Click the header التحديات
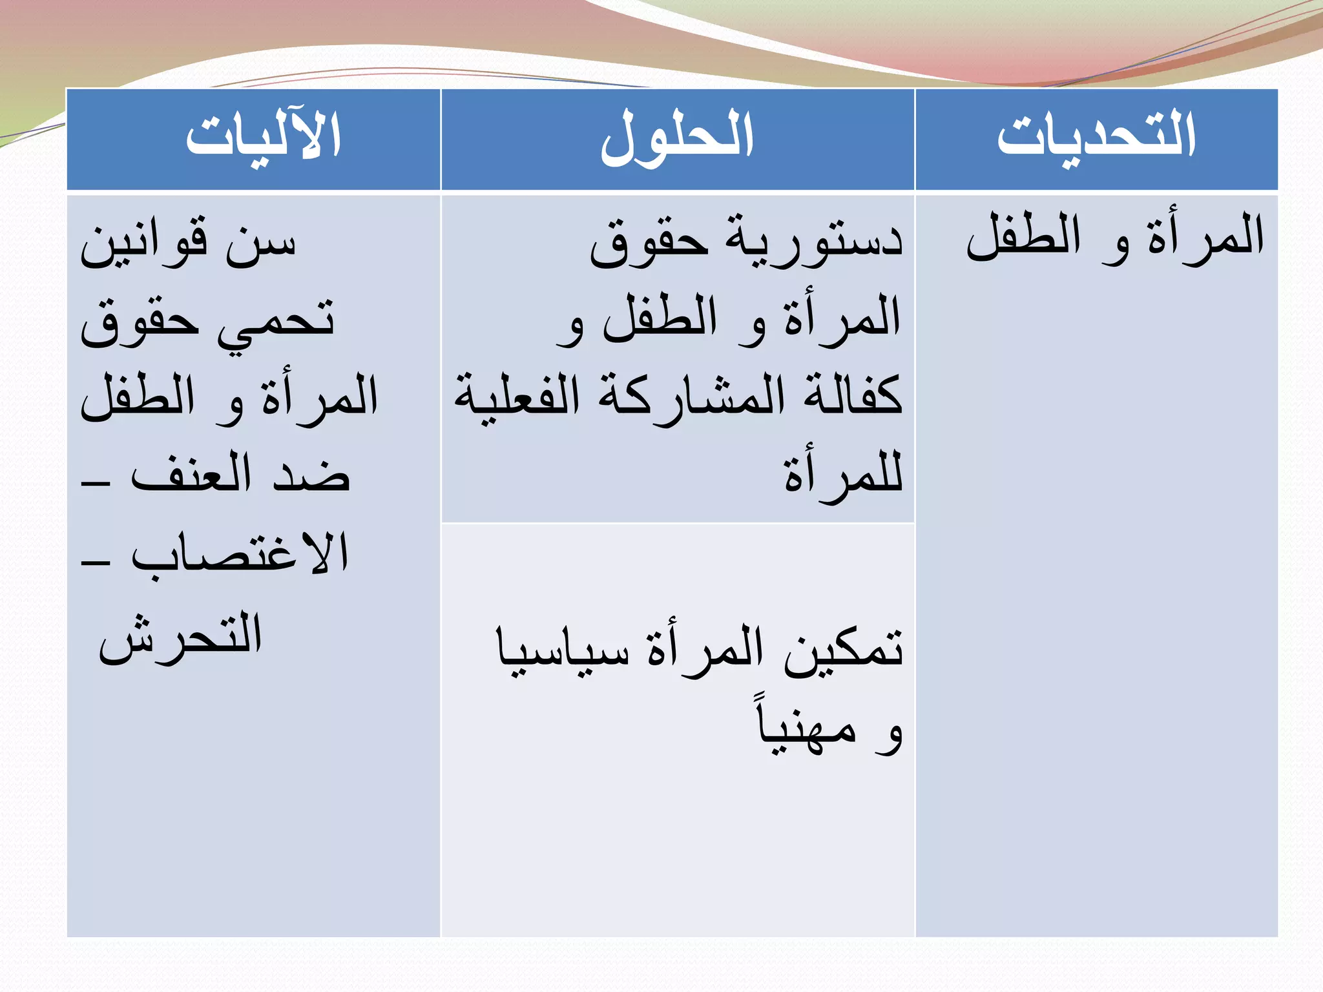(x=1096, y=136)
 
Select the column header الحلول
(x=677, y=138)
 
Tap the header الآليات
(x=263, y=136)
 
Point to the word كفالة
(x=853, y=395)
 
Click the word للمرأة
(x=843, y=475)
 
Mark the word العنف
(x=191, y=475)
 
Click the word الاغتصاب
(x=240, y=554)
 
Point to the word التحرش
(x=180, y=636)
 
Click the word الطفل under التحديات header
(x=1023, y=236)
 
